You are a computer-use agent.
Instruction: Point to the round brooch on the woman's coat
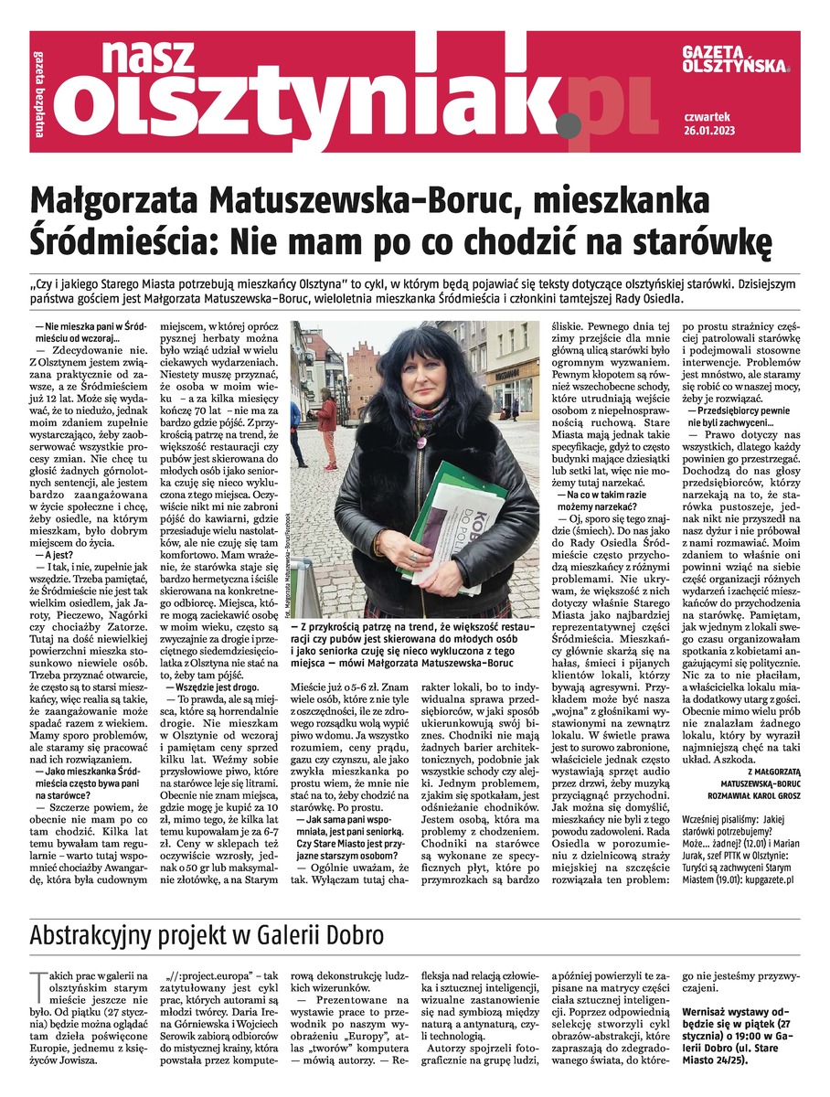click(x=423, y=443)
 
